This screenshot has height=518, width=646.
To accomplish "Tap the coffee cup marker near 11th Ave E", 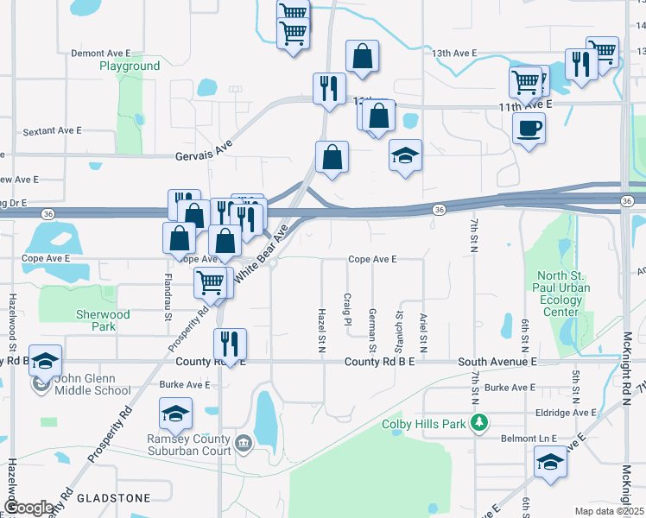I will (x=528, y=129).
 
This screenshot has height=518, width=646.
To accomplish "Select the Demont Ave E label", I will (x=100, y=54).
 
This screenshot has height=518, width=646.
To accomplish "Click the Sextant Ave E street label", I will (x=52, y=131).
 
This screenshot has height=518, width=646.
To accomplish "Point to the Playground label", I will (x=130, y=66).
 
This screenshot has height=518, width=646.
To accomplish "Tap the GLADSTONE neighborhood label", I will (x=113, y=498).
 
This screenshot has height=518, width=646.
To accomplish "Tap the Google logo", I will (x=29, y=508).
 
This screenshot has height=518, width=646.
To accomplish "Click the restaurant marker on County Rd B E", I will (x=230, y=343).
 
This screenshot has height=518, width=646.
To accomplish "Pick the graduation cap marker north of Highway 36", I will (x=405, y=155).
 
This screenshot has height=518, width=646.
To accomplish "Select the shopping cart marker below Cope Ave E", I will (x=211, y=282).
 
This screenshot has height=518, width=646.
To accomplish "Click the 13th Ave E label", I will (x=454, y=54).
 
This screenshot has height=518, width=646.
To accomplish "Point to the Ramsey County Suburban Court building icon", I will (x=243, y=444).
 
